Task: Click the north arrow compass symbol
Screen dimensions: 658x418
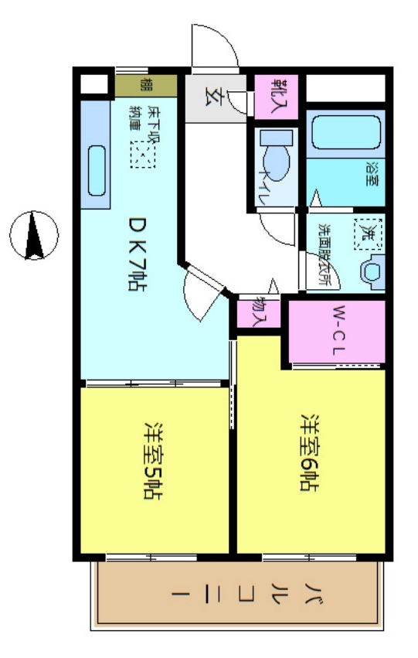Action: (34, 234)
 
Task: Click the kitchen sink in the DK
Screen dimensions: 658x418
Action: (97, 171)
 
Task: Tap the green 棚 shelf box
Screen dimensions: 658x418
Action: (146, 84)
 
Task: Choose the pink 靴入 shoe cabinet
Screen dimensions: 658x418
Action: (276, 97)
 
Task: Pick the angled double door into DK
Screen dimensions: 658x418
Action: (202, 290)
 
